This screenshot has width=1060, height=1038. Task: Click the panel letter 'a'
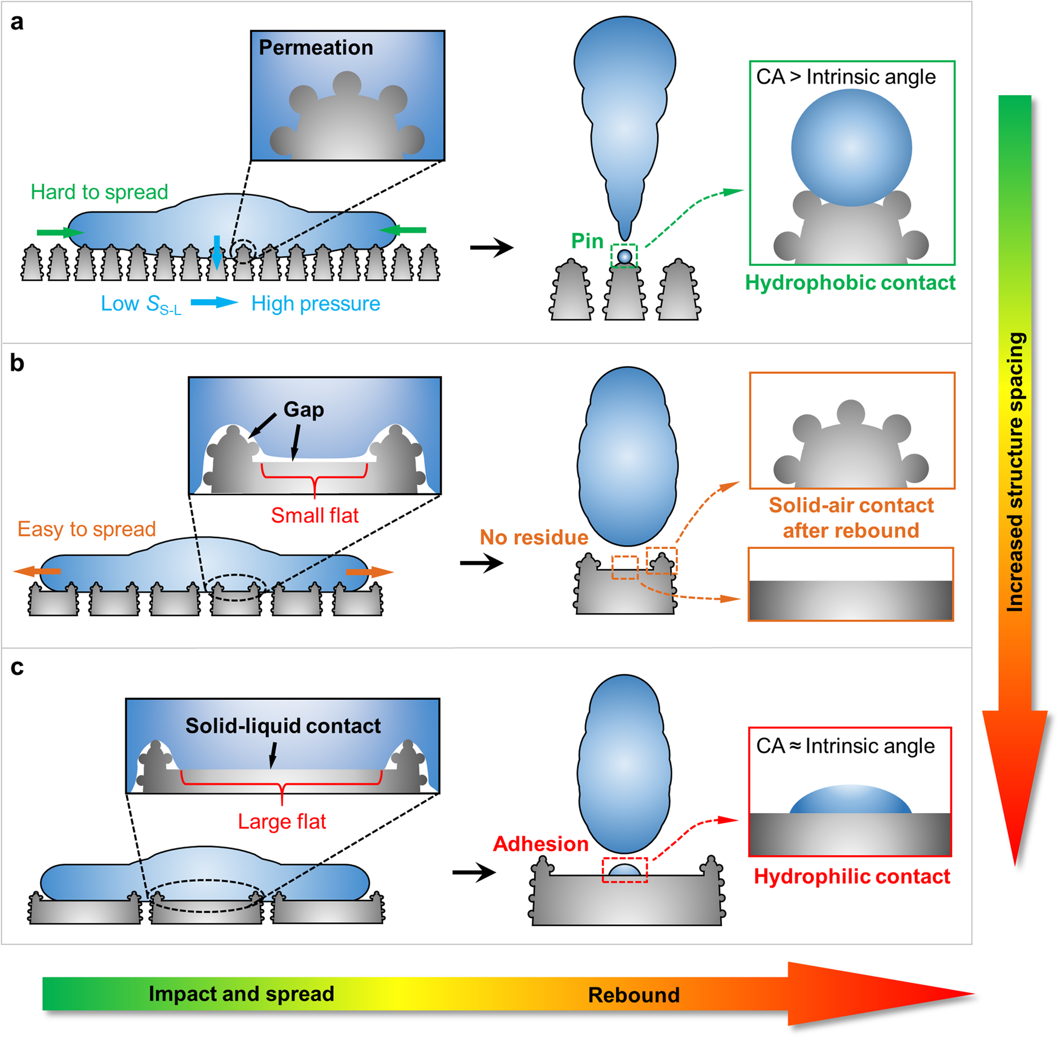[17, 22]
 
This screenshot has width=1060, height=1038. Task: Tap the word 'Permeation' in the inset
[316, 48]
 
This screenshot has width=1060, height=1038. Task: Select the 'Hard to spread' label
[99, 192]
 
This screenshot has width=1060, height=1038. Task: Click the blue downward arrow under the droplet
[217, 251]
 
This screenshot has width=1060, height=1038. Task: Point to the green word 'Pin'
[587, 241]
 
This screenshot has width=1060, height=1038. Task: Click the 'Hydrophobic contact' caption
[850, 282]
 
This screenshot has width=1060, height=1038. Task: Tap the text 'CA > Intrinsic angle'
[846, 77]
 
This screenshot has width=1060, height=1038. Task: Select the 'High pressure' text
[316, 304]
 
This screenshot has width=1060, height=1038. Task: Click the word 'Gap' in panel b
[303, 410]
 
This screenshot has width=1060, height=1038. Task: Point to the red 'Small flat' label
[314, 515]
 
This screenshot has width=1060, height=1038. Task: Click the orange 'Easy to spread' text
[87, 529]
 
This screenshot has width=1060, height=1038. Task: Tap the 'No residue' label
[534, 537]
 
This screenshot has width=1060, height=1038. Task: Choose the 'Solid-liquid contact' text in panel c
[283, 726]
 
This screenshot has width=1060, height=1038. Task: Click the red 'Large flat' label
[282, 821]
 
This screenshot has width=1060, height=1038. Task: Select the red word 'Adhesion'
[540, 843]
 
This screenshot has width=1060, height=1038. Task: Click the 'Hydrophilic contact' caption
[852, 876]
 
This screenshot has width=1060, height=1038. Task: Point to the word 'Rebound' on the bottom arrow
[634, 995]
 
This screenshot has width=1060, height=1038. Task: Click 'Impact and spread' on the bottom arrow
[241, 994]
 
